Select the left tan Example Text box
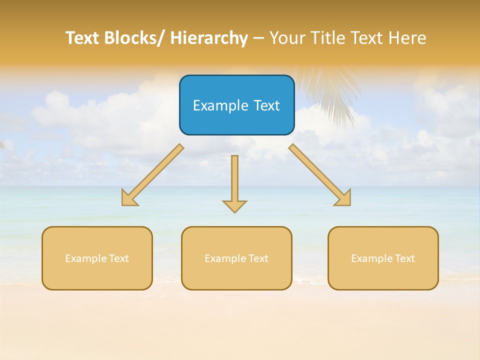point(97,258)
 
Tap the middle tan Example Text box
point(236,258)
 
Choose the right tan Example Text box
point(383,258)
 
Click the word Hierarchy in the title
point(209,38)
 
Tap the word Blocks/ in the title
point(135,38)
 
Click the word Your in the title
point(286,38)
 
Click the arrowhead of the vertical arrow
point(234,206)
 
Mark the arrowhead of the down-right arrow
point(344,199)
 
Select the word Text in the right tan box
point(404,258)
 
